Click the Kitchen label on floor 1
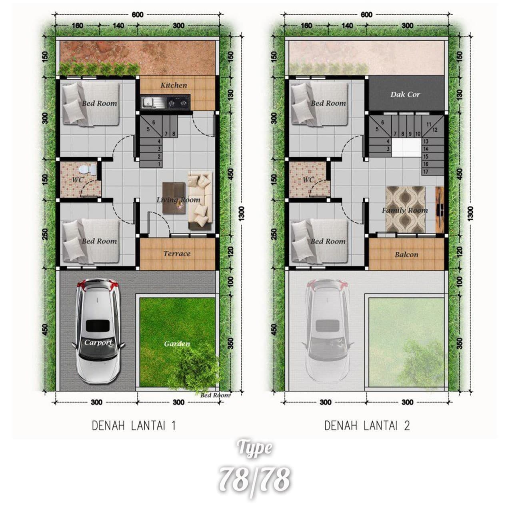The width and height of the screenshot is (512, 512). pyautogui.click(x=174, y=85)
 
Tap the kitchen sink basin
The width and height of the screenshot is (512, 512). pyautogui.click(x=146, y=102)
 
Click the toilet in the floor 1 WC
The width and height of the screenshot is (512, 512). pyautogui.click(x=89, y=170)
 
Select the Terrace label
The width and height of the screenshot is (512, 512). pyautogui.click(x=177, y=254)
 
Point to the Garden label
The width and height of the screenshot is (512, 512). pyautogui.click(x=177, y=344)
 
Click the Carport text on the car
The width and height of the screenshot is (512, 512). pyautogui.click(x=98, y=343)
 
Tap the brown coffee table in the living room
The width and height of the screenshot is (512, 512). pyautogui.click(x=174, y=198)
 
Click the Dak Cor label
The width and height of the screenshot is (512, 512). pyautogui.click(x=406, y=94)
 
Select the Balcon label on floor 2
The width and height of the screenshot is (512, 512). pyautogui.click(x=406, y=255)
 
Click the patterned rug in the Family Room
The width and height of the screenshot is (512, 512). pyautogui.click(x=406, y=209)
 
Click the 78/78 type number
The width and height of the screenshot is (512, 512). pyautogui.click(x=254, y=480)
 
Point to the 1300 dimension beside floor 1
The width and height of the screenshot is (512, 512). pyautogui.click(x=242, y=213)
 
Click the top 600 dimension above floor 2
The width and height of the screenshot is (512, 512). pyautogui.click(x=366, y=15)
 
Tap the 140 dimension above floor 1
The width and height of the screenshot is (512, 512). pyautogui.click(x=118, y=26)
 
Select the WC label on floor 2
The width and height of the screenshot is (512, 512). pyautogui.click(x=308, y=180)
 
